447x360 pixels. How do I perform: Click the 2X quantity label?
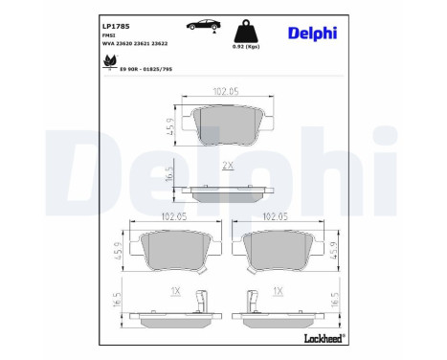227,166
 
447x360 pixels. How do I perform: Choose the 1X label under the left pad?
173,290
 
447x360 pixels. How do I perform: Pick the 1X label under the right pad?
278,290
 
